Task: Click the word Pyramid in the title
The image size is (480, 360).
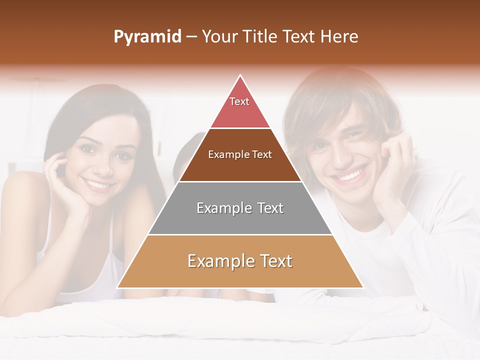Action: pos(147,37)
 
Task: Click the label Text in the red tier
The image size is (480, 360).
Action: pos(239,101)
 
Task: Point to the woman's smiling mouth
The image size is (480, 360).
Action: pos(98,185)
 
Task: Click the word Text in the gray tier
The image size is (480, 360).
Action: pos(265,208)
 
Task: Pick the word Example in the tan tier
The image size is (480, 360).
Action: pos(217,261)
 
